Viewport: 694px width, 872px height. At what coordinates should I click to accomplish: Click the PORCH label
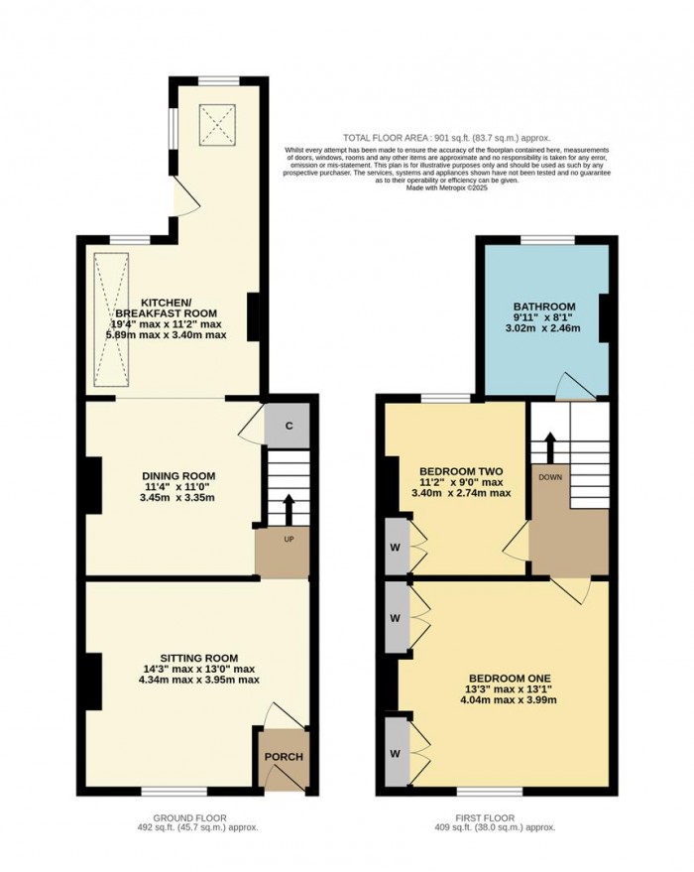click(x=283, y=757)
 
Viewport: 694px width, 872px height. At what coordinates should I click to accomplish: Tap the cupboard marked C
click(x=289, y=426)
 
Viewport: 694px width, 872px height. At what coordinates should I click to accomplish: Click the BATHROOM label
click(x=543, y=307)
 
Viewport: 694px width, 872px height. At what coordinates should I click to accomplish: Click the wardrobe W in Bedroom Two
click(x=396, y=545)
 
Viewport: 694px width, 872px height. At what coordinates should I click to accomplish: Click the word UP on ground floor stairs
click(x=289, y=540)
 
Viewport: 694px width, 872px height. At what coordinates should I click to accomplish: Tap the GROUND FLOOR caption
click(x=200, y=817)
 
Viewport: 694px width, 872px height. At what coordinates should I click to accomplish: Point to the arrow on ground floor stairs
click(x=289, y=509)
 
